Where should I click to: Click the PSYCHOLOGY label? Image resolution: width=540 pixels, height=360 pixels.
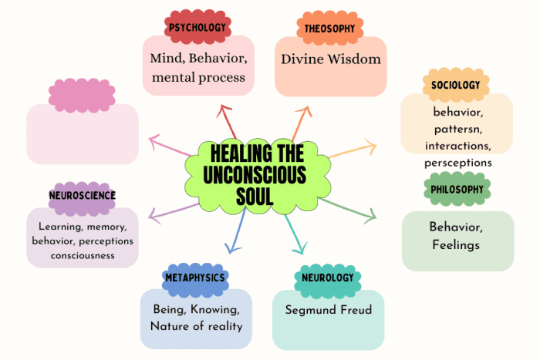point(197,28)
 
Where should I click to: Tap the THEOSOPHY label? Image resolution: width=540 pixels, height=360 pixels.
point(329,28)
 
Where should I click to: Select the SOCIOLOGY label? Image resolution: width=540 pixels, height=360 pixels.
point(456,85)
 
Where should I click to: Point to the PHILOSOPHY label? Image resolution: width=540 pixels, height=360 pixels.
point(457,189)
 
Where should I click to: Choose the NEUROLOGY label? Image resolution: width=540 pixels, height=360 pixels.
point(328,278)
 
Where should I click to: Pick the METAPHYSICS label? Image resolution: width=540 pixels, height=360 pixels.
point(195,278)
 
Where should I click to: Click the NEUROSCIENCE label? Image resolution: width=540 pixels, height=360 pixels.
point(82,196)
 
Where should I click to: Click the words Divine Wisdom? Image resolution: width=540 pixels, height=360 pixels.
point(330,59)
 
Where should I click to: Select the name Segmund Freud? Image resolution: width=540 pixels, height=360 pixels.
point(328,310)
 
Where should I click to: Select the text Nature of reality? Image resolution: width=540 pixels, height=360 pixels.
point(197,325)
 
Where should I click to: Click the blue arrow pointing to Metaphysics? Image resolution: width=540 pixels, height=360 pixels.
point(236,231)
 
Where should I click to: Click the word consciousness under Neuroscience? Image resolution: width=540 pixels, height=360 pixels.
point(83,255)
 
